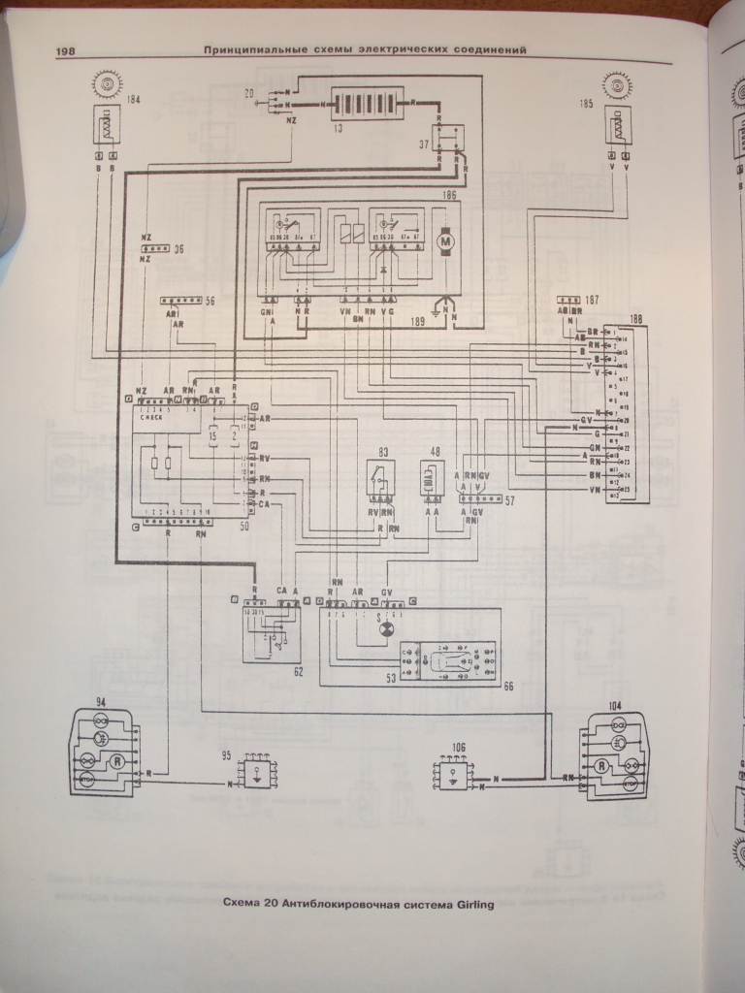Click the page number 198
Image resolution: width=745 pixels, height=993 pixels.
[x=73, y=52]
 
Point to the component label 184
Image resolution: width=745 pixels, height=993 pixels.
[x=133, y=100]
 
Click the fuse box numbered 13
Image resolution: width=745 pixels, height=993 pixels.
[x=367, y=103]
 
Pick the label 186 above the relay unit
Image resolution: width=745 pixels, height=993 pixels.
[x=448, y=197]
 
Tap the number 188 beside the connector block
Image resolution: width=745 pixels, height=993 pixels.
[x=635, y=318]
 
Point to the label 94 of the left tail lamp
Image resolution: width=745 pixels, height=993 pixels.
[x=100, y=702]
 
